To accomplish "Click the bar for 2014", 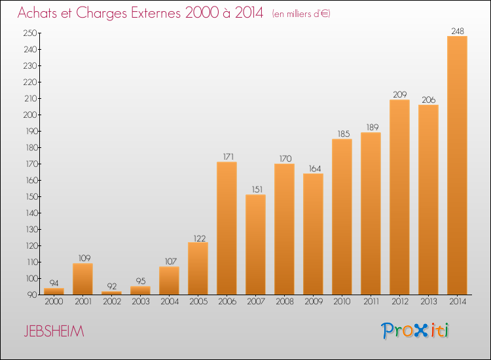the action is pyautogui.click(x=457, y=166).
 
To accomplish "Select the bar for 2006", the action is pyautogui.click(x=227, y=228).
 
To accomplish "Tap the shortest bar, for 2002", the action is pyautogui.click(x=111, y=293).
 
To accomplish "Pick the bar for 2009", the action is pyautogui.click(x=313, y=234).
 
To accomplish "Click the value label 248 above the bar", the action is pyautogui.click(x=458, y=31).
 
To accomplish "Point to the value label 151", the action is pyautogui.click(x=257, y=189).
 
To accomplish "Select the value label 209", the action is pyautogui.click(x=400, y=94).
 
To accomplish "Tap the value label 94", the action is pyautogui.click(x=54, y=283).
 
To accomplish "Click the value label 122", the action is pyautogui.click(x=200, y=238).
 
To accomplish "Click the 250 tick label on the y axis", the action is pyautogui.click(x=30, y=33).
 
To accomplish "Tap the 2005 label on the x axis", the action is pyautogui.click(x=198, y=302).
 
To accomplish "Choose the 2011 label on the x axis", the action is pyautogui.click(x=371, y=302).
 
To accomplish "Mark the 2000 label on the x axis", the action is pyautogui.click(x=54, y=302).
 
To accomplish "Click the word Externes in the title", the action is pyautogui.click(x=156, y=13).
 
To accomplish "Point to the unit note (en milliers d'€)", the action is pyautogui.click(x=301, y=14).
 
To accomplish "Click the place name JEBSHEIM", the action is pyautogui.click(x=54, y=331).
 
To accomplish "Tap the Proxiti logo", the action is pyautogui.click(x=415, y=331).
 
